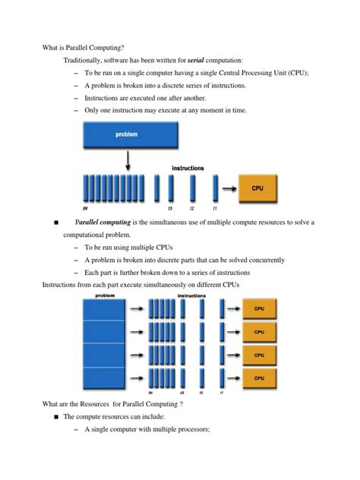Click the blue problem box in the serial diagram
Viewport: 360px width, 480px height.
[127, 135]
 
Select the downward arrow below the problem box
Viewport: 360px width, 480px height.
[128, 160]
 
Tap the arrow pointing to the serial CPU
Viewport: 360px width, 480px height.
[228, 185]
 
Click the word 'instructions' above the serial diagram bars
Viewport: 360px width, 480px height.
[188, 168]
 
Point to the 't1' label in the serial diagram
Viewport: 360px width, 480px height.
[215, 207]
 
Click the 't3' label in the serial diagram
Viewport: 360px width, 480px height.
[171, 207]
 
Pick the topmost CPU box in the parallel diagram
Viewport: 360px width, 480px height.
[259, 309]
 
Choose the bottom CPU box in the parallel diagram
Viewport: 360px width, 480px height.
[259, 377]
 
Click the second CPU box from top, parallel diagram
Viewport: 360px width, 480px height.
[259, 332]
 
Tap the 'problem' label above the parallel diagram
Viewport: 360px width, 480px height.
[105, 295]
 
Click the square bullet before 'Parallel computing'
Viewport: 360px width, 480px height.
[55, 223]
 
